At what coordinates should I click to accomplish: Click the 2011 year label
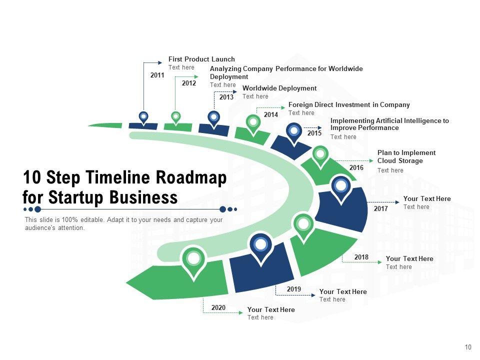pos(157,75)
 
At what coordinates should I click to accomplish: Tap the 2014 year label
pos(270,115)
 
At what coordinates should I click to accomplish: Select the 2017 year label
pos(380,208)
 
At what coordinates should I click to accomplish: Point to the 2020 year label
pos(218,307)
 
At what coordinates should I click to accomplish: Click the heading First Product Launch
pos(201,59)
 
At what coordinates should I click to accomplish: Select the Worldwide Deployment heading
pos(279,88)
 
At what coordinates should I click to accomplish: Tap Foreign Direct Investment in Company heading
pos(349,105)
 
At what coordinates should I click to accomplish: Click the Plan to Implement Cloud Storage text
pos(406,157)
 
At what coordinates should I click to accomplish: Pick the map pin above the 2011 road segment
pos(143,117)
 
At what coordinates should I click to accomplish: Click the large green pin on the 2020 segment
pos(193,259)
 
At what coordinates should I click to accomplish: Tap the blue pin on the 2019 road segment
pos(260,244)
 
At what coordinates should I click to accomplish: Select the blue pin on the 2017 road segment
pos(341,186)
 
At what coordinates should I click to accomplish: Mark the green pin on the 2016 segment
pos(320,154)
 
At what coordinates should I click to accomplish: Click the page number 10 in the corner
pos(468,347)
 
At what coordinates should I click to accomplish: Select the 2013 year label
pos(226,97)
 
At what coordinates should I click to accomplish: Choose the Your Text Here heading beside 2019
pos(343,291)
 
